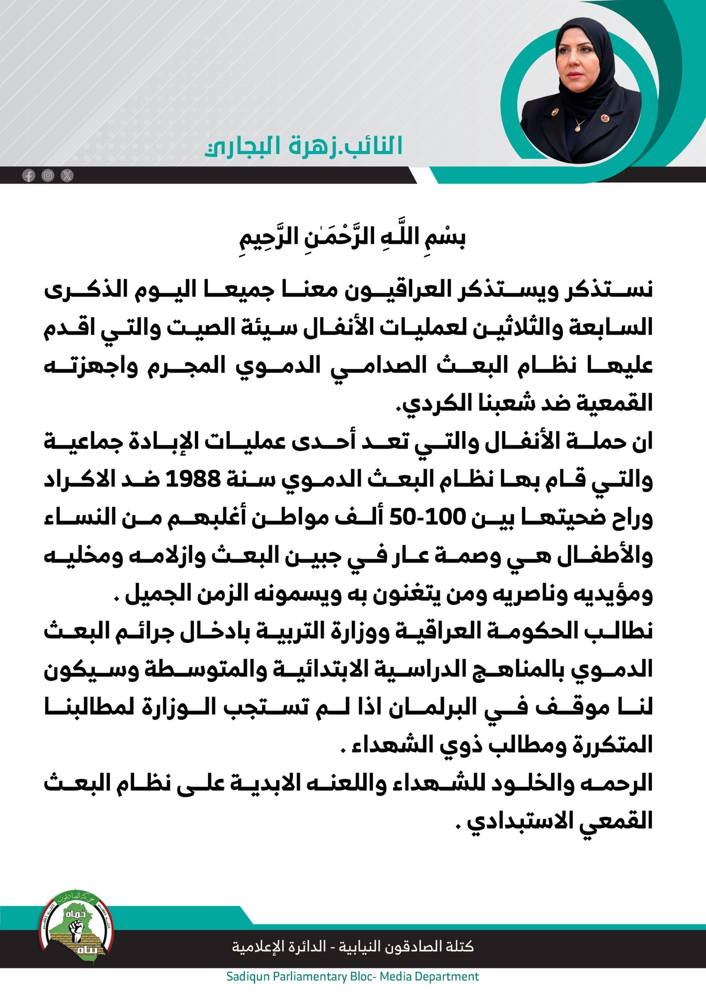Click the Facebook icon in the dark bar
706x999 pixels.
(29, 176)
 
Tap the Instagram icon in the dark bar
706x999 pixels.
(48, 176)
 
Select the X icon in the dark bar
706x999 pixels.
(67, 176)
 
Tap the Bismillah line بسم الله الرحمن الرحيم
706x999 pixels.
(353, 237)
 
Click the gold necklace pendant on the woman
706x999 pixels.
(578, 128)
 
